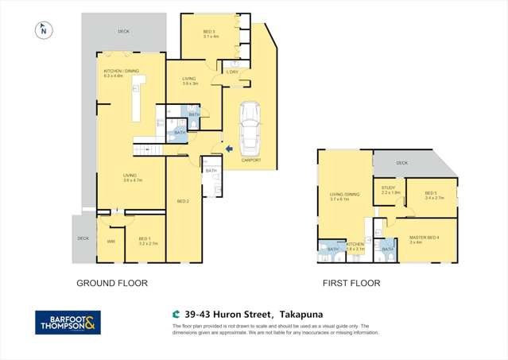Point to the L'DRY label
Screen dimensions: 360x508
pyautogui.click(x=232, y=73)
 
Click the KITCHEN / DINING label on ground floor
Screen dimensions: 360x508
pyautogui.click(x=121, y=72)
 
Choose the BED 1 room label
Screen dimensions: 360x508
pyautogui.click(x=144, y=238)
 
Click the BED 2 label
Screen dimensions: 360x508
pyautogui.click(x=182, y=201)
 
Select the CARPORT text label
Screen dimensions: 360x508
pyautogui.click(x=251, y=160)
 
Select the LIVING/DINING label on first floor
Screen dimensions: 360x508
pyautogui.click(x=344, y=194)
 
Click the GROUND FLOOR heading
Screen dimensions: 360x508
pyautogui.click(x=111, y=283)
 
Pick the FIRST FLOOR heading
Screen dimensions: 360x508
pyautogui.click(x=351, y=283)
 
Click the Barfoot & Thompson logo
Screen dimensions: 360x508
pyautogui.click(x=68, y=322)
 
